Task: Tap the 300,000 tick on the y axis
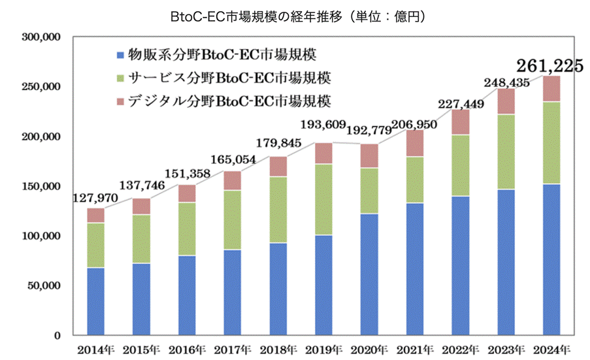tap(41, 37)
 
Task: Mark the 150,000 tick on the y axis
tap(41, 186)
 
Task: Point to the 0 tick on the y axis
tap(57, 335)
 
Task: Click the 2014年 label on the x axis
tap(95, 348)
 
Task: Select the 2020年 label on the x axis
tap(369, 348)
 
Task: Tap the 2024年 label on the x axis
tap(552, 348)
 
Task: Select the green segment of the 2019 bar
tap(323, 199)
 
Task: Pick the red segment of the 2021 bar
tap(415, 144)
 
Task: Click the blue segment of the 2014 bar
tap(95, 301)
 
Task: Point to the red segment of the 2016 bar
tap(187, 193)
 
